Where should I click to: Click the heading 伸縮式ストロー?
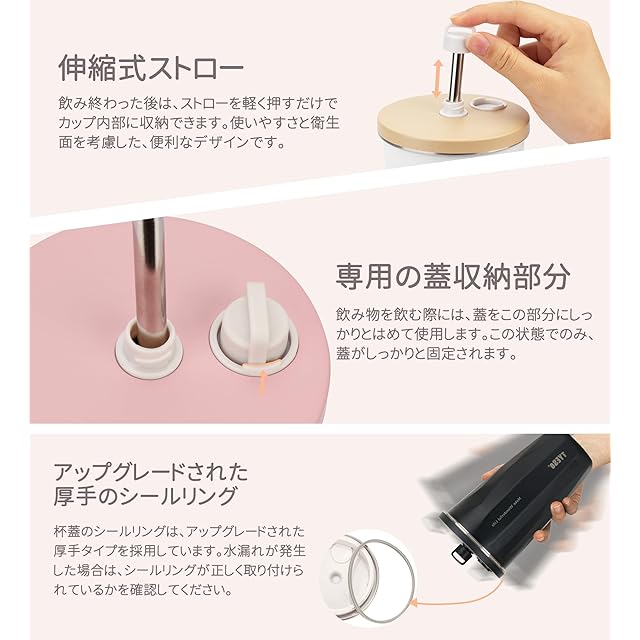tap(151, 68)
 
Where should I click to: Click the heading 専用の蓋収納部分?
tap(453, 276)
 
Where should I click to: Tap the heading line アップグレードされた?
tap(151, 472)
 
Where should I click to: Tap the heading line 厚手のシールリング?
tap(145, 496)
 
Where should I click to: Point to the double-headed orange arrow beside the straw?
tap(438, 78)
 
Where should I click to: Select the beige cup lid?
tap(453, 122)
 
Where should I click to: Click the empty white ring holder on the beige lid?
tap(487, 104)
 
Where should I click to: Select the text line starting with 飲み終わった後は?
tap(199, 103)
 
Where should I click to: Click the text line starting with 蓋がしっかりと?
tap(427, 353)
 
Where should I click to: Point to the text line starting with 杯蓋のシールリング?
tap(179, 531)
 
